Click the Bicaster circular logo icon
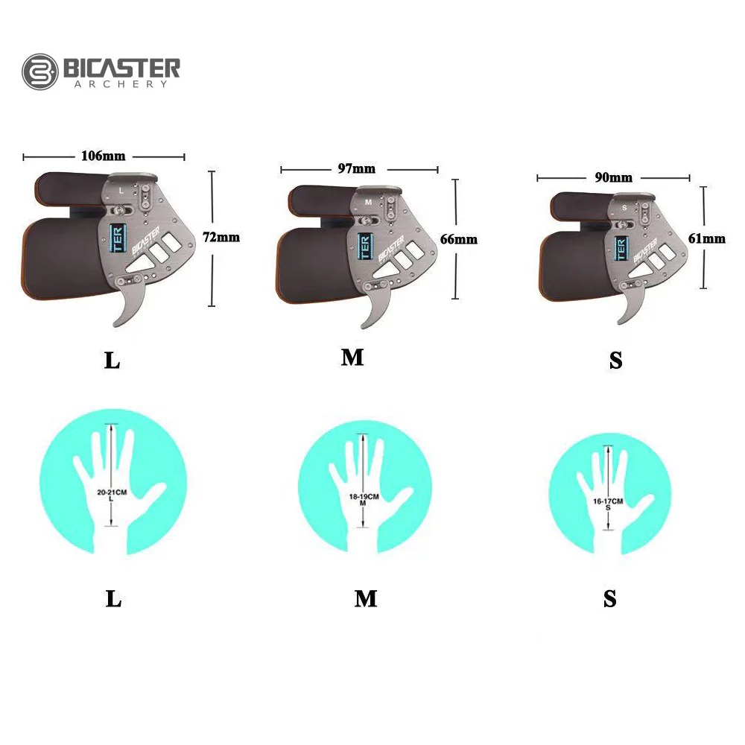pos(39,72)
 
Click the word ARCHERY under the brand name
pos(121,84)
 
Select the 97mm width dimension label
pos(358,169)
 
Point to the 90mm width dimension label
pos(614,177)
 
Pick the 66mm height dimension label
pos(460,239)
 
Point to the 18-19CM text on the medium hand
pos(363,496)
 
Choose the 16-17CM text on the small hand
pos(608,501)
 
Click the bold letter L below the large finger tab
pos(112,361)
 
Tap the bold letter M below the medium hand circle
pos(365,598)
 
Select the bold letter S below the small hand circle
pos(610,599)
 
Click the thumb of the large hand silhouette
pos(153,495)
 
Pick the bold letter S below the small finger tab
pos(615,361)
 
